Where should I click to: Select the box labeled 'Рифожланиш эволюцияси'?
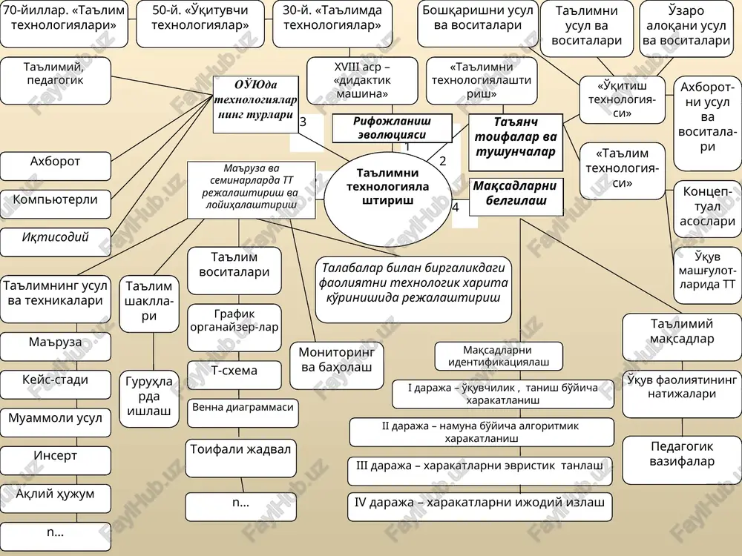tap(392, 128)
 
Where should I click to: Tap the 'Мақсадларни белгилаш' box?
tap(516, 197)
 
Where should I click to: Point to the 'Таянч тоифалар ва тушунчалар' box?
tap(516, 142)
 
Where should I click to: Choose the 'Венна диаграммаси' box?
tap(243, 413)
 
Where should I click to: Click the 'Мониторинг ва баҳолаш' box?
tap(336, 365)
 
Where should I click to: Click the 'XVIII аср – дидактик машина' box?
tap(362, 81)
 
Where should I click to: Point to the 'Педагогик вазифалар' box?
tap(682, 460)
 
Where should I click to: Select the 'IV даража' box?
tap(480, 507)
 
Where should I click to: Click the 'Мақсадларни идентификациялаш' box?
tap(499, 356)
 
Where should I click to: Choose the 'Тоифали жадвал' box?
tap(241, 458)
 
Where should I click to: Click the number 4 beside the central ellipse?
tap(456, 207)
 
